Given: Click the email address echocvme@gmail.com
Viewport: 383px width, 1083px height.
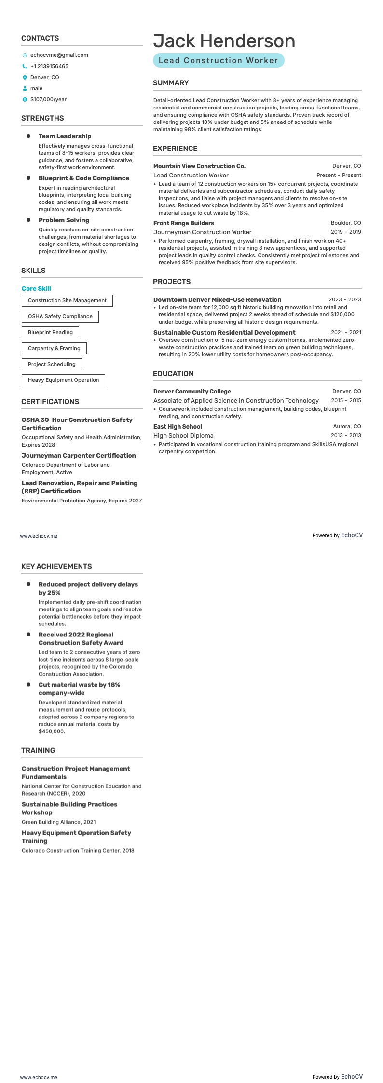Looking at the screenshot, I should [59, 55].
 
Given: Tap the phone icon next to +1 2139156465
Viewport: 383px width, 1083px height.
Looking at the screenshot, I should [25, 67].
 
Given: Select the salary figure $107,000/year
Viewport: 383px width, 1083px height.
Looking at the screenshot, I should [48, 99].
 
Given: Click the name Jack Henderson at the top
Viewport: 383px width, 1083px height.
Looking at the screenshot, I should [224, 41].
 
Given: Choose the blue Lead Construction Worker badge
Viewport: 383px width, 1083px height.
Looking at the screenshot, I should [219, 60].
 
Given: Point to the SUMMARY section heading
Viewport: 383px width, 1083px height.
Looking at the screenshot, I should [171, 83].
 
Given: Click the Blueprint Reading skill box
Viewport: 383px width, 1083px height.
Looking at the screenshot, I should [50, 332].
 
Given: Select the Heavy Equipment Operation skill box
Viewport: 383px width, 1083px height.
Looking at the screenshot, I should [63, 380].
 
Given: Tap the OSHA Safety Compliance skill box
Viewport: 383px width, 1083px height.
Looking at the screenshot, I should [60, 316].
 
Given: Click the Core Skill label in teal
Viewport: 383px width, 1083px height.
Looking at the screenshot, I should [36, 289].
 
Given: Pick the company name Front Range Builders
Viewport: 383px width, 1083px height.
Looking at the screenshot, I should [183, 223].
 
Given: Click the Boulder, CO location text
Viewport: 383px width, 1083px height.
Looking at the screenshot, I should [345, 223].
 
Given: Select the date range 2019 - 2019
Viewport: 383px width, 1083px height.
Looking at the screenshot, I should [345, 232].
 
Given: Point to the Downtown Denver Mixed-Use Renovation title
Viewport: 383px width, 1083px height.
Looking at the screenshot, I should [217, 299].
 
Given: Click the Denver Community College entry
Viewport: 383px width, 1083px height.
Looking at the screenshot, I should [192, 392].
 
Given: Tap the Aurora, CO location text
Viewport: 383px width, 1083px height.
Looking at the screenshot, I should [347, 427].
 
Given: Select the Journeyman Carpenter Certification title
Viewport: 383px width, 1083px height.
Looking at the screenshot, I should [79, 455].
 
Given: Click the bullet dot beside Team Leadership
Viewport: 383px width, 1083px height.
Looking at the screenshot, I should [28, 136].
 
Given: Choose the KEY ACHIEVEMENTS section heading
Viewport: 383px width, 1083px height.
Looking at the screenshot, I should [56, 566].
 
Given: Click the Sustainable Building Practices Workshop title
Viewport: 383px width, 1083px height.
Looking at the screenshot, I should [69, 808].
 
